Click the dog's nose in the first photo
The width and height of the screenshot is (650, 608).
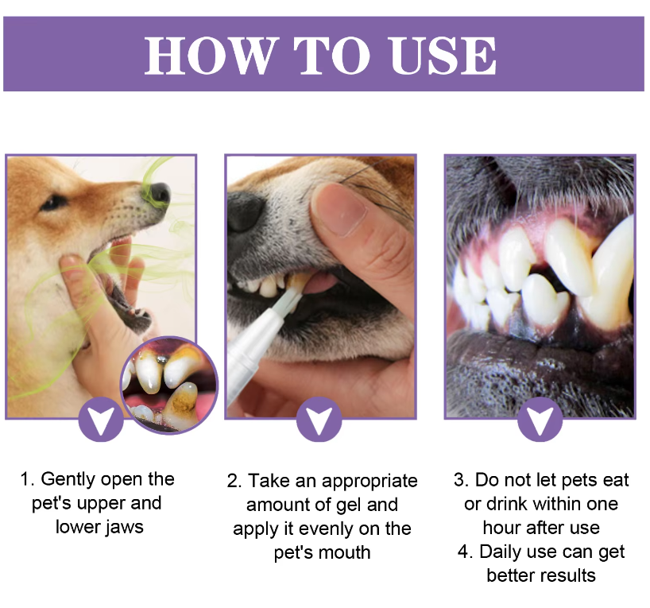click(160, 194)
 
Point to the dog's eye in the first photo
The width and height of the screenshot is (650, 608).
click(53, 203)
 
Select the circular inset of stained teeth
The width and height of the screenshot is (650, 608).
click(169, 385)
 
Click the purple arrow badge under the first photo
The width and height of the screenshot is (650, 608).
click(101, 420)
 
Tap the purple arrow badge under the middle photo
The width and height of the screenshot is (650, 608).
click(319, 420)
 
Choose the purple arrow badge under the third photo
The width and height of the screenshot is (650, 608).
click(540, 420)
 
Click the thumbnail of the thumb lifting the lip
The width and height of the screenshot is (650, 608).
click(345, 211)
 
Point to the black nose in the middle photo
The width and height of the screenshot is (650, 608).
click(246, 211)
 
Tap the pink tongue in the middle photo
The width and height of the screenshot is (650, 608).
click(320, 283)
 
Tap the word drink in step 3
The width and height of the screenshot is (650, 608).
click(505, 504)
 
